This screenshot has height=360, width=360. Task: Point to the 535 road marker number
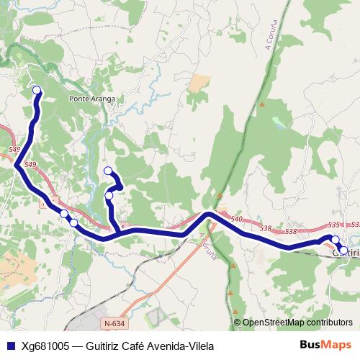(x=333, y=225)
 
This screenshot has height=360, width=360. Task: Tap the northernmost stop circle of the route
(x=36, y=90)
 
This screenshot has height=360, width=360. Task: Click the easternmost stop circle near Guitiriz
(x=343, y=251)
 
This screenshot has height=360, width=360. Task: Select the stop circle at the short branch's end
(x=108, y=171)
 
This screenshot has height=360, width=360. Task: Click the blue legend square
(x=10, y=345)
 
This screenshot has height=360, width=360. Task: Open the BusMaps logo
(x=325, y=345)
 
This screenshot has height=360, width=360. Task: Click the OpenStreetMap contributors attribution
(x=297, y=323)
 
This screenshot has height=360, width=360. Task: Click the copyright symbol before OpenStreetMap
(x=238, y=323)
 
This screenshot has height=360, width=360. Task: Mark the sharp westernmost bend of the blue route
(x=15, y=164)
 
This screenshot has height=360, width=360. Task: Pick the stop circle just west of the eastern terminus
(x=334, y=240)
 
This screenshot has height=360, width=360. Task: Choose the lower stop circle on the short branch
(x=109, y=195)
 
